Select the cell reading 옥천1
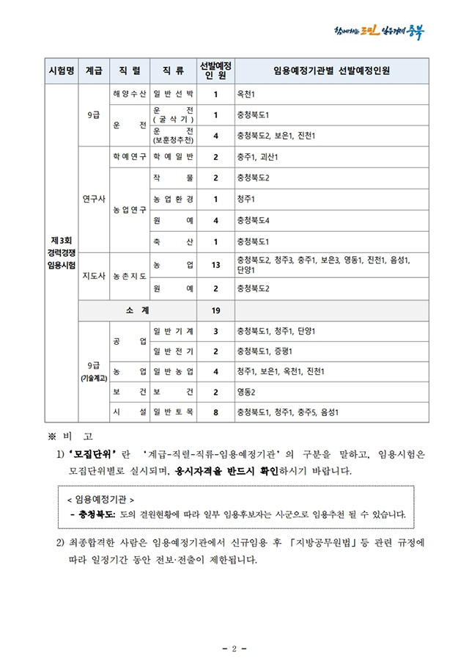[x=245, y=95]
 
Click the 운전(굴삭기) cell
[x=173, y=115]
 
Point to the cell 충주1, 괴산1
[x=256, y=157]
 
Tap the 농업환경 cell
[x=173, y=199]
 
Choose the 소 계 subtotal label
[x=138, y=310]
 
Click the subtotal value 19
[x=216, y=310]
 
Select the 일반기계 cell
[x=173, y=331]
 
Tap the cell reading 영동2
[x=245, y=392]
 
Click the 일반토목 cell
[x=173, y=412]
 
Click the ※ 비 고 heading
[x=75, y=437]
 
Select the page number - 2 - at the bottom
[x=234, y=649]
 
